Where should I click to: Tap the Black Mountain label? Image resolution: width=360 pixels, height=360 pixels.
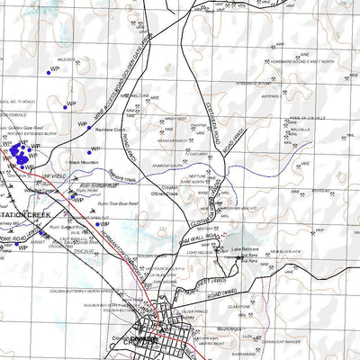click(x=83, y=163)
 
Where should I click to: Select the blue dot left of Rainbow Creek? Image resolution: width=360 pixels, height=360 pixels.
click(x=89, y=129)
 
